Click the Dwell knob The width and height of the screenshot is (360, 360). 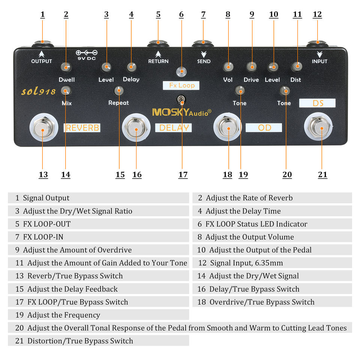[66, 67]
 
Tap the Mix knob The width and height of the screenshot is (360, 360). [66, 90]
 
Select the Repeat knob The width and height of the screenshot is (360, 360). [119, 90]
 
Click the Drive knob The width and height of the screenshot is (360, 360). [251, 67]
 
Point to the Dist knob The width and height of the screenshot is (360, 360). [296, 67]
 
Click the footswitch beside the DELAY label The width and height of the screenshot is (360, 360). [136, 129]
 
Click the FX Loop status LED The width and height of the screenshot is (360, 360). [182, 71]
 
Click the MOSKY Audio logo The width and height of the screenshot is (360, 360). [181, 112]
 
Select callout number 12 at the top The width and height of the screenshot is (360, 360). [317, 14]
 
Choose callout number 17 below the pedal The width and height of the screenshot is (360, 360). [183, 175]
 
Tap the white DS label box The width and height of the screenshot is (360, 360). [317, 103]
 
